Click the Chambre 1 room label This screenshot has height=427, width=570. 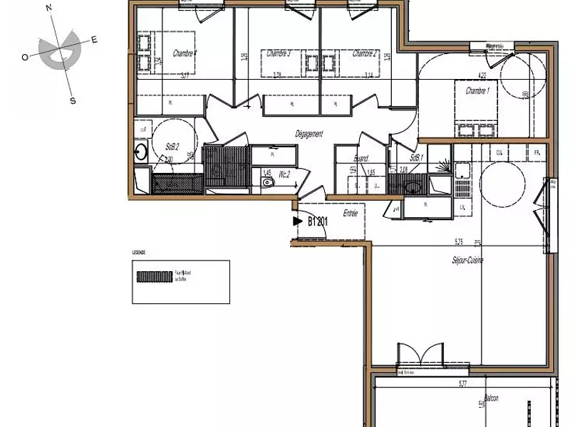click(477, 91)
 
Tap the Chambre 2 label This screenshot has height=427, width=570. click(365, 53)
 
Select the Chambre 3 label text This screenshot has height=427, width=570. click(278, 53)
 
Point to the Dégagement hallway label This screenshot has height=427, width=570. click(310, 134)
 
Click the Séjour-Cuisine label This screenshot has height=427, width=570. click(467, 260)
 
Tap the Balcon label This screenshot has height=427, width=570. click(491, 399)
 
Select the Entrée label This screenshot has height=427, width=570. click(350, 213)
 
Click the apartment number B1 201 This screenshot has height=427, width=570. click(317, 221)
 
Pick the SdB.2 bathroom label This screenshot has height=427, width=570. click(171, 147)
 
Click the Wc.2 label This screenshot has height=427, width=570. click(284, 173)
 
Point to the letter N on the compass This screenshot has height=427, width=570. click(48, 8)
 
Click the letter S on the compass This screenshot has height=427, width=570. click(72, 100)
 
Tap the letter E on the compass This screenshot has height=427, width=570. click(94, 40)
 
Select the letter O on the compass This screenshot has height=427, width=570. click(25, 58)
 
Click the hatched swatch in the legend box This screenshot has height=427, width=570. click(155, 277)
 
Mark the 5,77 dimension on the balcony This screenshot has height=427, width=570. click(462, 384)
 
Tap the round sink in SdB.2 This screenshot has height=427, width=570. click(141, 151)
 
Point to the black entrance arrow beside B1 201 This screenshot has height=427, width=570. click(298, 221)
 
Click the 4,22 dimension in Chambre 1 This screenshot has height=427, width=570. click(482, 75)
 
